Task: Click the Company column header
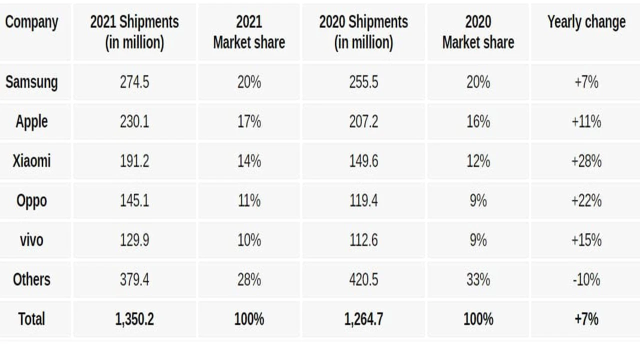(31, 22)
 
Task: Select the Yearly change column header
(586, 22)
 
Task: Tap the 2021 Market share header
(249, 32)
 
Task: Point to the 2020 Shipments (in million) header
(363, 32)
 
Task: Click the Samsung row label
(31, 82)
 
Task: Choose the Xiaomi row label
(31, 161)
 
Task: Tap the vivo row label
(31, 240)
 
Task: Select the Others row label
(31, 279)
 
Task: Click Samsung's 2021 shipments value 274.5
(134, 82)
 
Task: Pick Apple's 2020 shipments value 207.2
(363, 121)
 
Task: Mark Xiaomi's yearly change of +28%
(586, 161)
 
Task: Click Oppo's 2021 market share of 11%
(249, 200)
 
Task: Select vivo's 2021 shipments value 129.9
(134, 240)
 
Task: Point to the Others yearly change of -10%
(586, 279)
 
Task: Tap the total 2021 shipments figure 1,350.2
(134, 319)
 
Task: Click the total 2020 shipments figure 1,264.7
(363, 319)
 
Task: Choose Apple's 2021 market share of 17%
(249, 121)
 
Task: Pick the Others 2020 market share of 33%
(478, 279)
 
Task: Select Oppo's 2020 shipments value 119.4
(363, 200)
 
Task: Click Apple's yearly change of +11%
(586, 121)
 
